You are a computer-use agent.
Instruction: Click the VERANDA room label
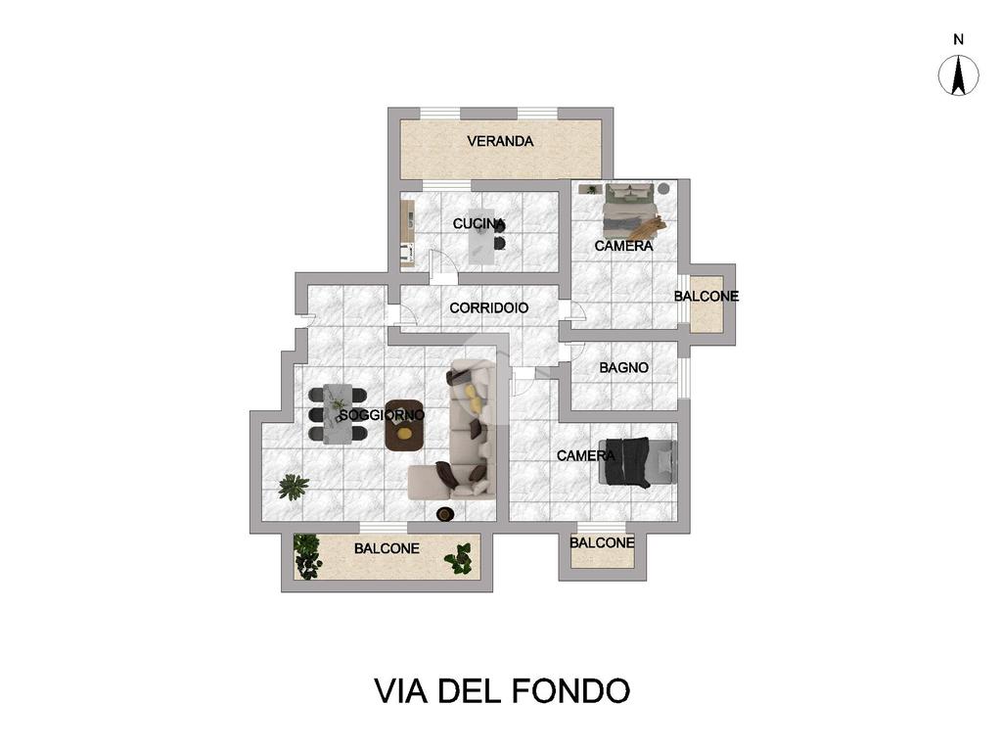click(x=500, y=141)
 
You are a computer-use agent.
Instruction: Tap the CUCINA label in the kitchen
click(x=478, y=224)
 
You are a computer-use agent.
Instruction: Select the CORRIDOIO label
click(x=489, y=308)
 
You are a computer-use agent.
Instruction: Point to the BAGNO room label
click(x=623, y=368)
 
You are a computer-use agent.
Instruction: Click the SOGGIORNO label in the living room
click(x=382, y=415)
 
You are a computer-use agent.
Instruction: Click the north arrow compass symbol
click(x=958, y=75)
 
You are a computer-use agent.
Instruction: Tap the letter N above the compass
click(x=958, y=39)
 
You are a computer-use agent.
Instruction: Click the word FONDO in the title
click(x=571, y=690)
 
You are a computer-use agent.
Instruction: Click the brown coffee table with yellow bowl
click(x=404, y=426)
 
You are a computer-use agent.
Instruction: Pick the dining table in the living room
click(x=338, y=413)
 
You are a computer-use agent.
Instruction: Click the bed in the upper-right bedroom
click(x=629, y=211)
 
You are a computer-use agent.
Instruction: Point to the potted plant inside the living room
click(x=294, y=487)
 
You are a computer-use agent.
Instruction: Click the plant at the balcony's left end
click(x=307, y=556)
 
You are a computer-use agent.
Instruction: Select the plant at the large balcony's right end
click(x=459, y=558)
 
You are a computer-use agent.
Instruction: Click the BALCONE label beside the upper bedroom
click(x=706, y=297)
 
